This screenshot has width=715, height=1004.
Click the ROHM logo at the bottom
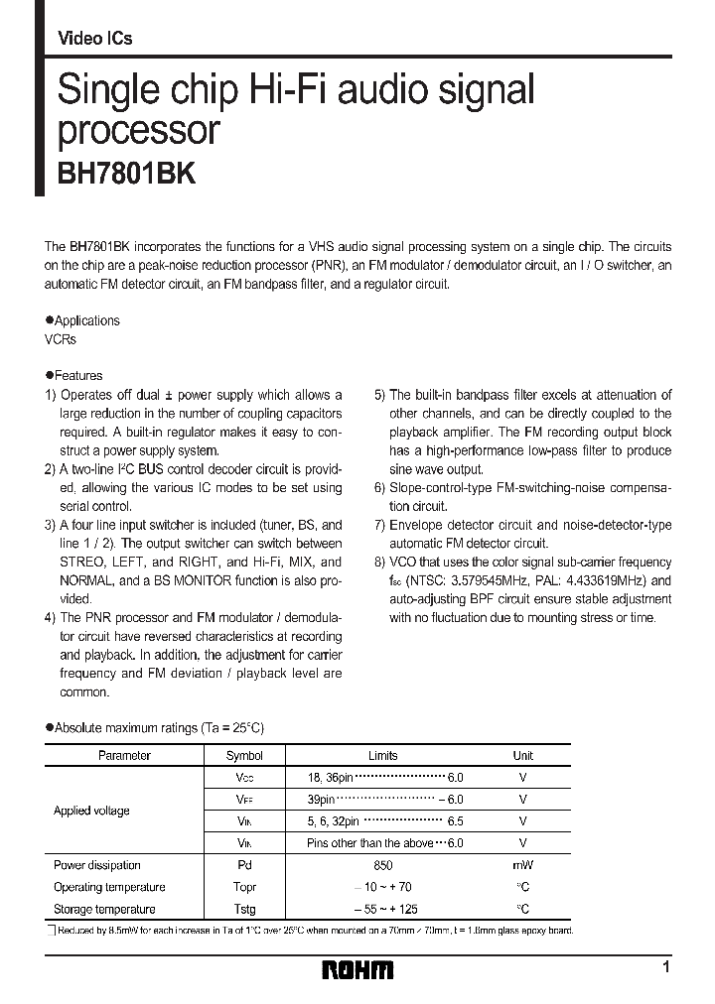357,969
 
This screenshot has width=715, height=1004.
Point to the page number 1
665,966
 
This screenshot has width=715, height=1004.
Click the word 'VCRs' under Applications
61,339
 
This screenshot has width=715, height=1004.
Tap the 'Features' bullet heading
74,376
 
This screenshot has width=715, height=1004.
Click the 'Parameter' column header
124,755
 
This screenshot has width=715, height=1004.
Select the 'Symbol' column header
245,755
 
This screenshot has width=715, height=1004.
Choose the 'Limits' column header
382,755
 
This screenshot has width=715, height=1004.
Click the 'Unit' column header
522,755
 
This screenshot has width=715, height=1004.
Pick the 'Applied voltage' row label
91,811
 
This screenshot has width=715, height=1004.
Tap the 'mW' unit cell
522,865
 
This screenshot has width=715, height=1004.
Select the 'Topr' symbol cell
245,887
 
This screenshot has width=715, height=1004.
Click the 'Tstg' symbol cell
245,909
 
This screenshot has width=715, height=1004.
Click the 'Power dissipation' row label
97,865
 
